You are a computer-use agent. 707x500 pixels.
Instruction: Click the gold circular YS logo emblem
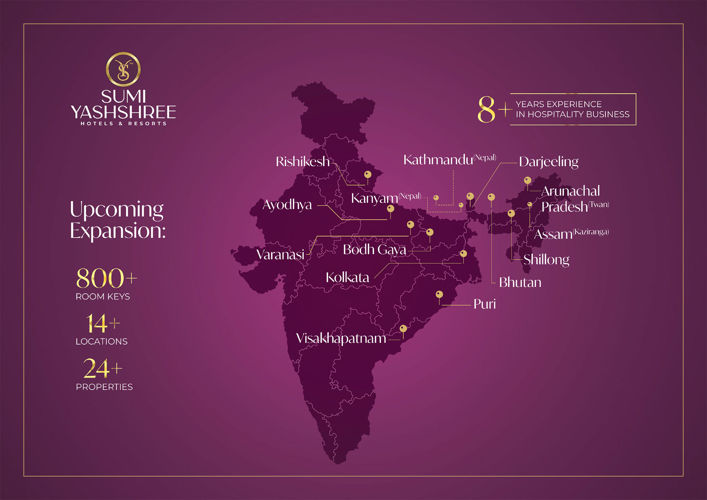123,69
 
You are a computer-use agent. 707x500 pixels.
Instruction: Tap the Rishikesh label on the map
302,162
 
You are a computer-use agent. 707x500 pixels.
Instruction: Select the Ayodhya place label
287,205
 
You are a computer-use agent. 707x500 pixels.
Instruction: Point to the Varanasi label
280,255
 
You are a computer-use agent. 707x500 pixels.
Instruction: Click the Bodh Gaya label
374,250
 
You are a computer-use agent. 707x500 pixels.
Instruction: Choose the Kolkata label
347,278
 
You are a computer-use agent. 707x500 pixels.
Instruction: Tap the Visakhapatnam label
341,338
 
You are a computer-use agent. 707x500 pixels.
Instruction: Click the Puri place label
484,304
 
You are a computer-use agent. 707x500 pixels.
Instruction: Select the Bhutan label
520,283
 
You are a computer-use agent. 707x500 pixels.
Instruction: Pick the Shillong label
546,260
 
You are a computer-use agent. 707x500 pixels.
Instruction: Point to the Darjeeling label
549,162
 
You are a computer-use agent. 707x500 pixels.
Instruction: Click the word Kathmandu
438,160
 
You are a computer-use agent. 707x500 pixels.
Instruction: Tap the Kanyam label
374,198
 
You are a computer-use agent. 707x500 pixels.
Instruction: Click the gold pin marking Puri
439,295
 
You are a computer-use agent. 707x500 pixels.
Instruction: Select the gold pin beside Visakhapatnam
403,329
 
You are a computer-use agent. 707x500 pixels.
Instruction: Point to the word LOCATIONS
101,342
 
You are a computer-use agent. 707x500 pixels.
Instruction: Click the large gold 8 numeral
486,110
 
